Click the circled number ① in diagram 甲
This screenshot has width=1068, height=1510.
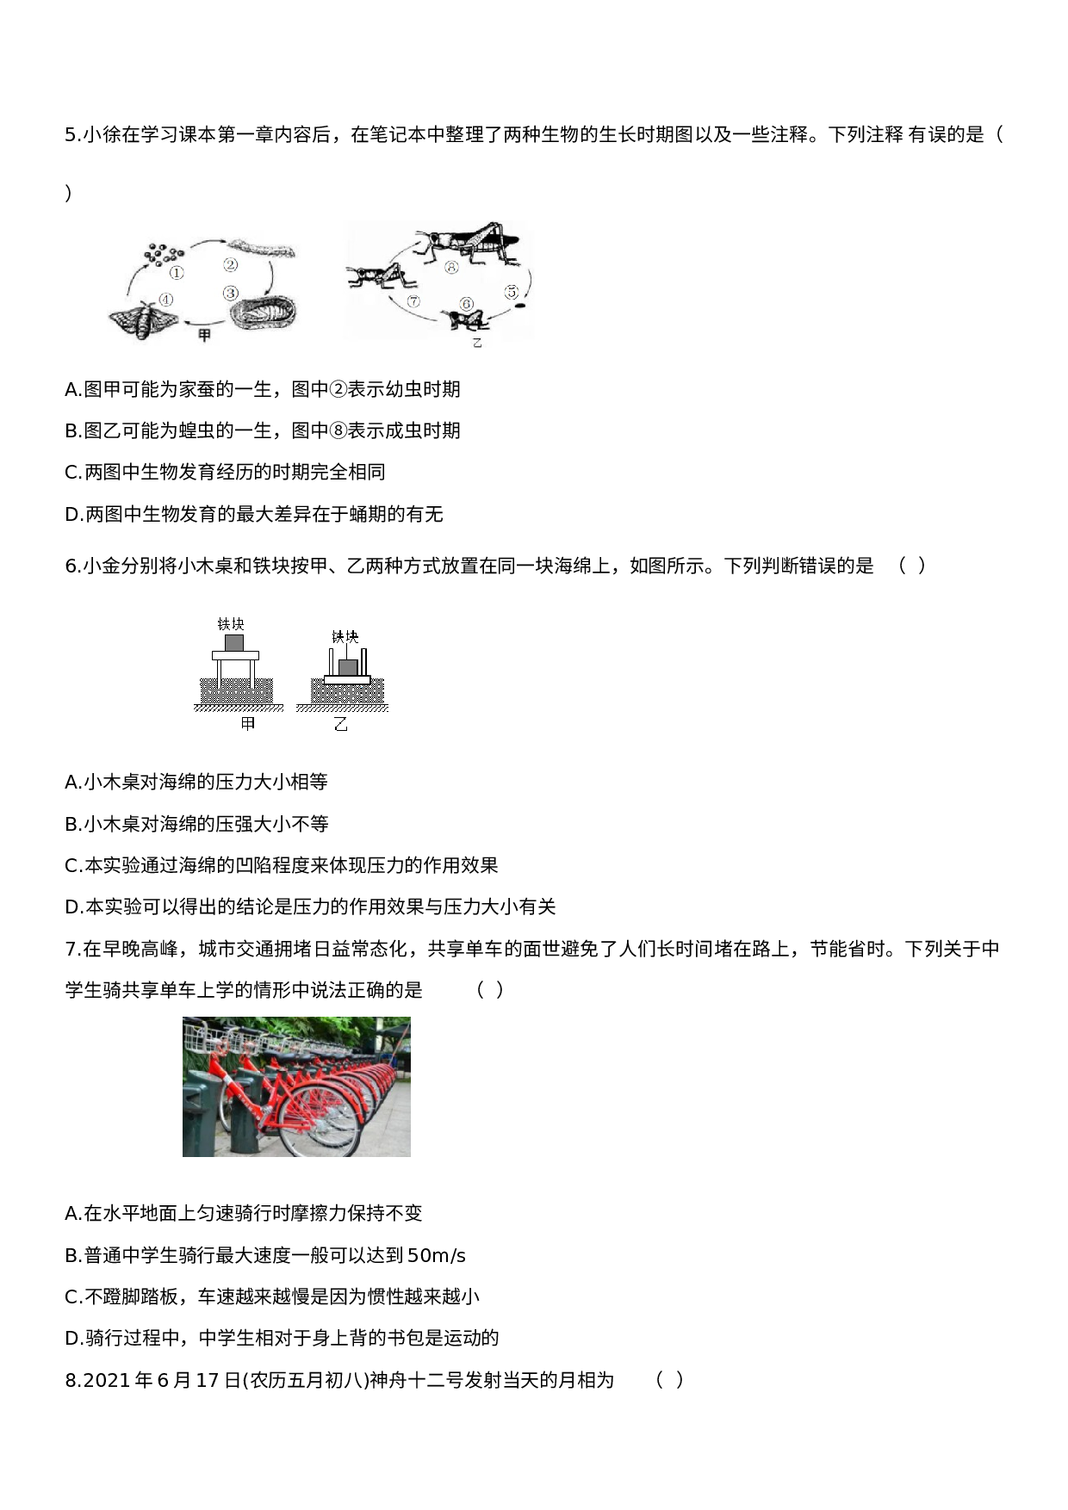177,273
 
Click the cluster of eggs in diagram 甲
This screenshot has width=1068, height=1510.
164,253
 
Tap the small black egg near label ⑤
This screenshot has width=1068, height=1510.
519,303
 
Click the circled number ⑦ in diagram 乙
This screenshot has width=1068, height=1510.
413,301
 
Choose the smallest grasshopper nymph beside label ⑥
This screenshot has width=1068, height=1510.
465,319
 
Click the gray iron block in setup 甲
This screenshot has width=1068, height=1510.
233,642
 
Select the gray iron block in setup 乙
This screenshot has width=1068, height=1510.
348,667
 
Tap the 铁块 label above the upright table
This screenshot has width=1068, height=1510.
231,623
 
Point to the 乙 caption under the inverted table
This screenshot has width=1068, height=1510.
341,725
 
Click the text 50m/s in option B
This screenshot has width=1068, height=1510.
437,1255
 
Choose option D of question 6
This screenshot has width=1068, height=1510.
310,907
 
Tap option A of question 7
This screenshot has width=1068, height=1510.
244,1213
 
